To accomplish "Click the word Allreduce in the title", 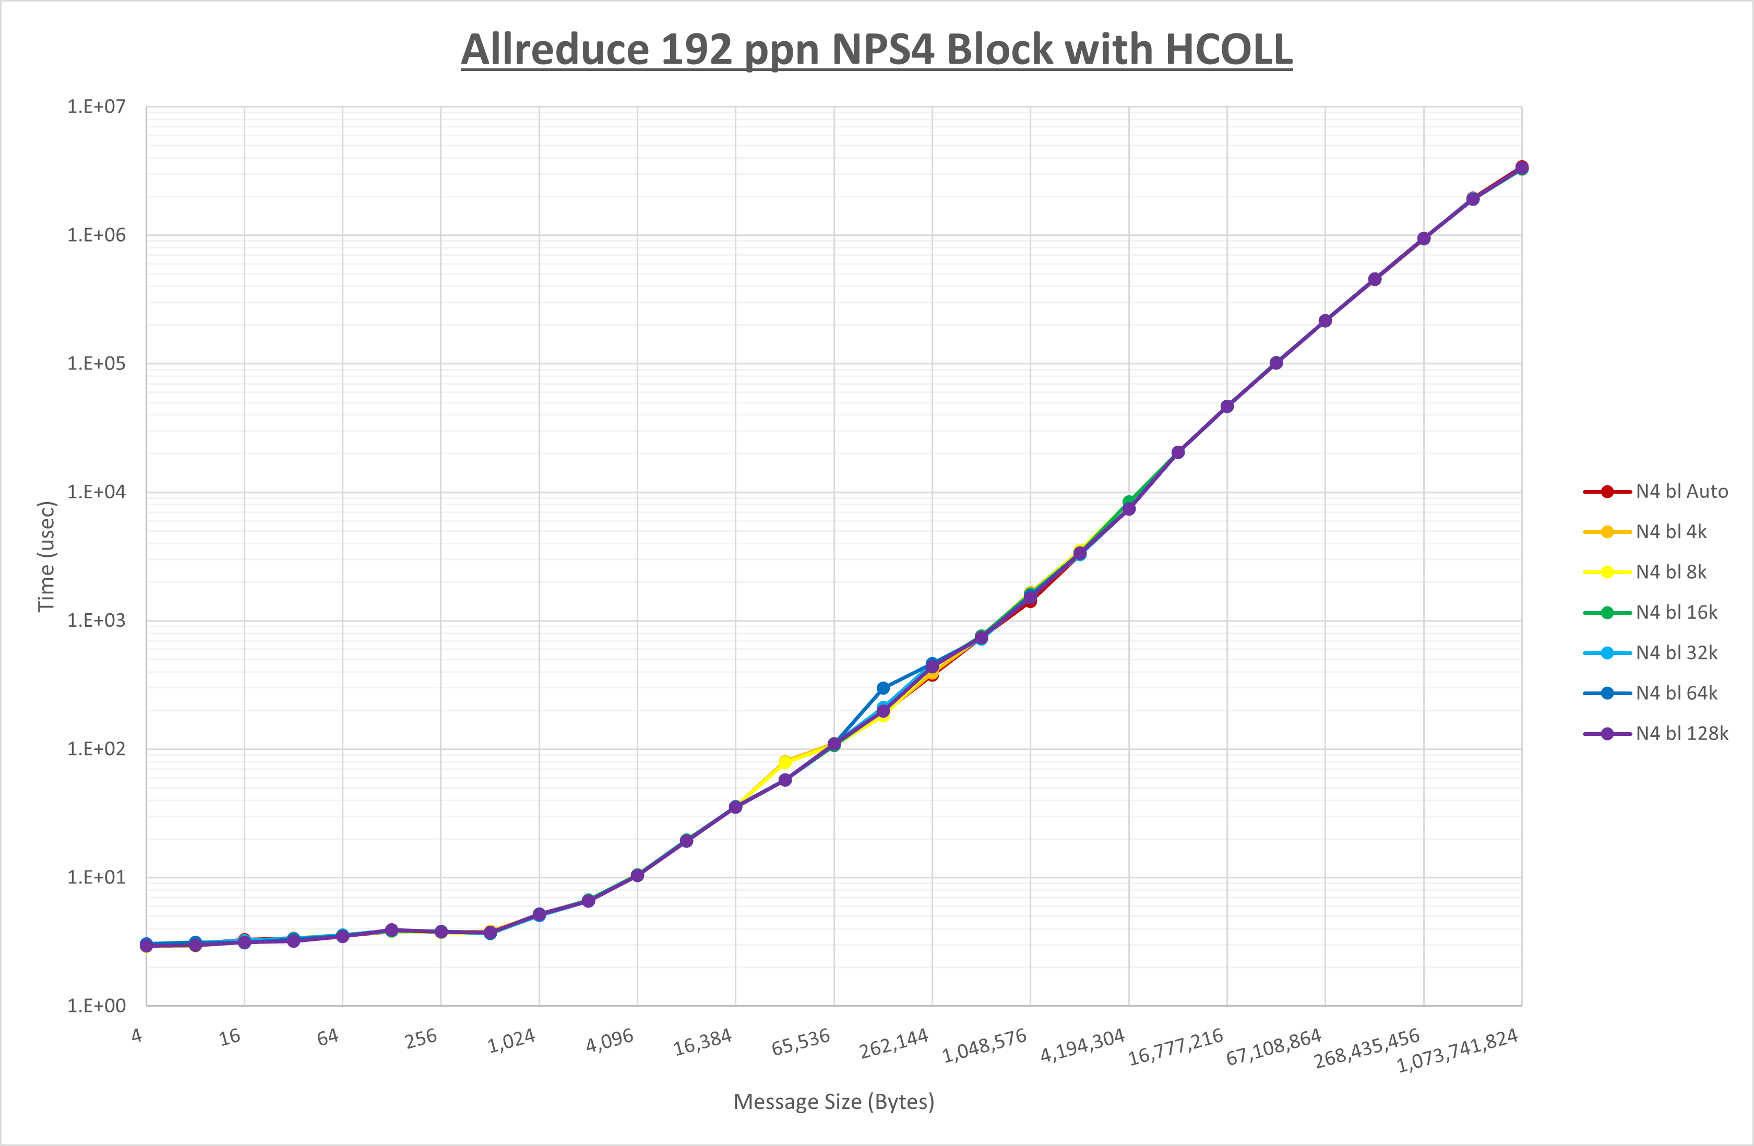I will click(554, 50).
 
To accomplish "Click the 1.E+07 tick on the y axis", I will click(97, 107).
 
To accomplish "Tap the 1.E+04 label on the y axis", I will click(97, 492).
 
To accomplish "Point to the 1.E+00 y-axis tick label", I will click(97, 1006).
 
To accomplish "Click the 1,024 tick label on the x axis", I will click(511, 1041).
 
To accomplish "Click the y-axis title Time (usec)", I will click(46, 556).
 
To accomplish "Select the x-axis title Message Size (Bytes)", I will click(833, 1102).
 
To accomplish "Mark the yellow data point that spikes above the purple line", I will click(785, 762).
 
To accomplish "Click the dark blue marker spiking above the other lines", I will click(883, 688).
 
